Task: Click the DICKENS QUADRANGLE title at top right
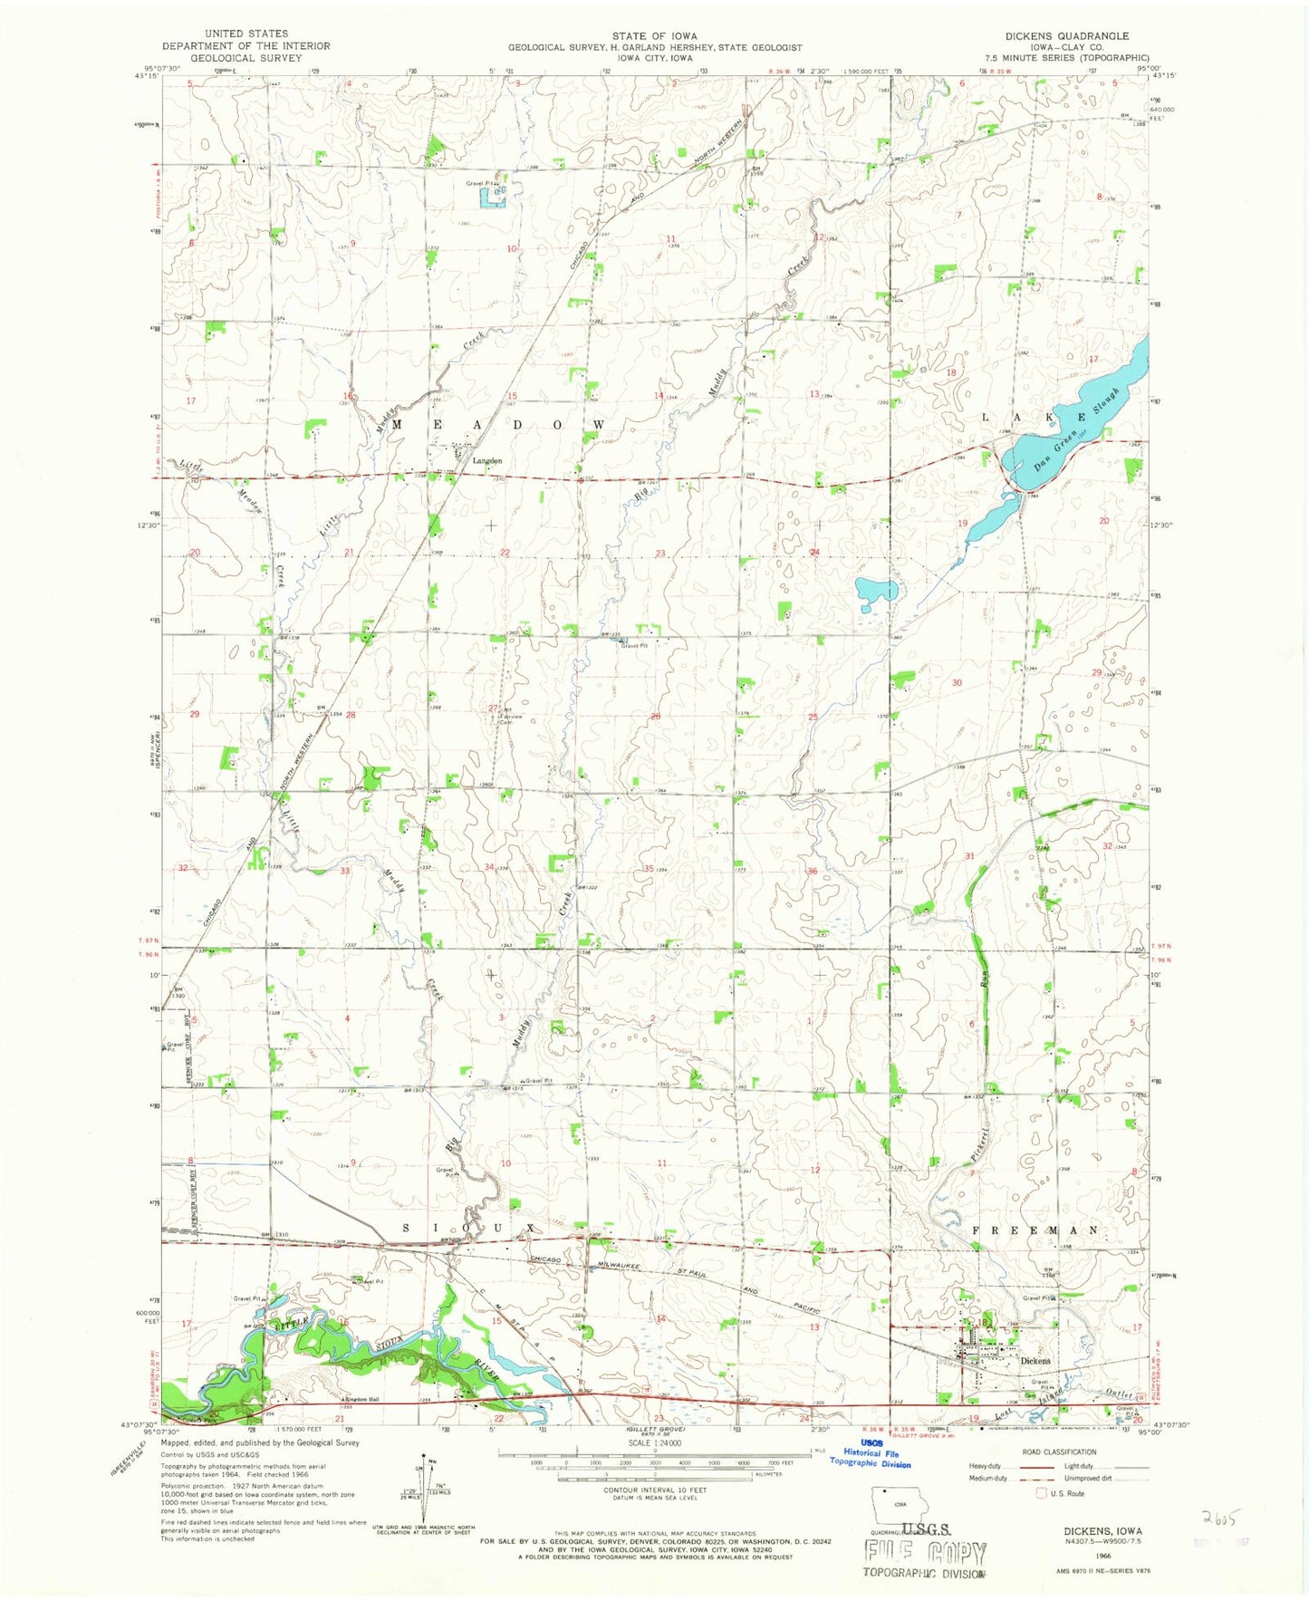(x=1054, y=36)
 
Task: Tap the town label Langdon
(x=486, y=460)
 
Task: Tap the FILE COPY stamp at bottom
(x=923, y=1551)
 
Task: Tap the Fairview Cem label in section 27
(x=507, y=719)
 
